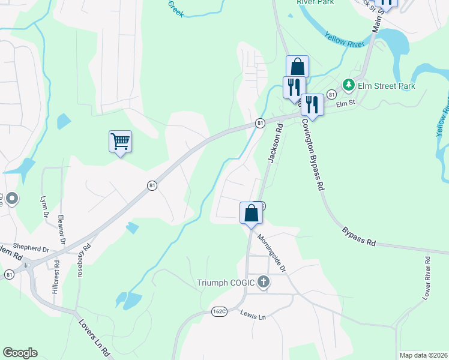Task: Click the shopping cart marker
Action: tap(120, 142)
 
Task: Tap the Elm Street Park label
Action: tap(386, 86)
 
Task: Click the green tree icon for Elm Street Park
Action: tap(348, 86)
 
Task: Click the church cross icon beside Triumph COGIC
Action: tap(263, 281)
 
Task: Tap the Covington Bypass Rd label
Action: tap(313, 154)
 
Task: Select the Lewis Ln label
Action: tap(252, 314)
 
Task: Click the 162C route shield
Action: tap(219, 311)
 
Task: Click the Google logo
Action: tap(20, 353)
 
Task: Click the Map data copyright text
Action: tap(423, 355)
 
